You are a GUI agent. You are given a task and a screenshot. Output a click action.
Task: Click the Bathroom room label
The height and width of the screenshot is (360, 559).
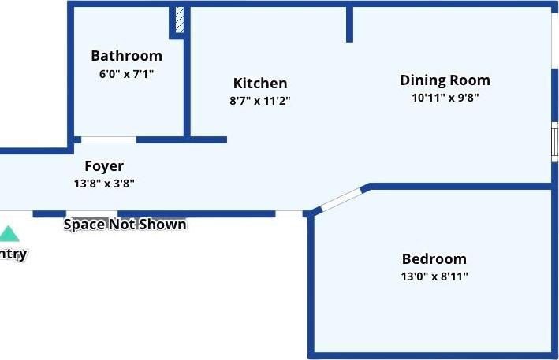click(126, 56)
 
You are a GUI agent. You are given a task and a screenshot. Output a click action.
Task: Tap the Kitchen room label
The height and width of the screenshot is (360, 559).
click(260, 84)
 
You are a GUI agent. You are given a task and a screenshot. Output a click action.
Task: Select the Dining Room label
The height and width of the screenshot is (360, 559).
click(445, 80)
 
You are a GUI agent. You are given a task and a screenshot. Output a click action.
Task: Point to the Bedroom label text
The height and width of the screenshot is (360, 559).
click(434, 259)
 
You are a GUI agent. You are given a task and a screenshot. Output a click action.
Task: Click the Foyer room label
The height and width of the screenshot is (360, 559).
click(104, 166)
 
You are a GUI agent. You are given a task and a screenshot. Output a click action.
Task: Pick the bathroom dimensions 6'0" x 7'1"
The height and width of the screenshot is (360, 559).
click(126, 74)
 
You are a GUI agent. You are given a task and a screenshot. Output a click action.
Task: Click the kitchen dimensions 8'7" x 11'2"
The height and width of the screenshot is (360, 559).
click(260, 101)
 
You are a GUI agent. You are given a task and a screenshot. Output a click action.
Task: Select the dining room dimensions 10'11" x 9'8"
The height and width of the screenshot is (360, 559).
click(445, 98)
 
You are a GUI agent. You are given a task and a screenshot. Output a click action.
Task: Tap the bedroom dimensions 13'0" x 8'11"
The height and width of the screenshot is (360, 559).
click(434, 276)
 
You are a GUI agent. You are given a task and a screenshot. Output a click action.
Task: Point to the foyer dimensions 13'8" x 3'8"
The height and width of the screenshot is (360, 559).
click(104, 184)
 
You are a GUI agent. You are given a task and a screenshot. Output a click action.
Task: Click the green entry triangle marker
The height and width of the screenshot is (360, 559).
click(9, 234)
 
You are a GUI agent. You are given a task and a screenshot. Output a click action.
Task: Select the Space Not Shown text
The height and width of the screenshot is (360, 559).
click(125, 225)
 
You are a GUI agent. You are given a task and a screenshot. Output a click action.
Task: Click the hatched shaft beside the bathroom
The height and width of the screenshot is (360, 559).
click(180, 20)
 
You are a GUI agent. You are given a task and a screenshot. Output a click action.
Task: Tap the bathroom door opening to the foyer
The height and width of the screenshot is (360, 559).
click(109, 140)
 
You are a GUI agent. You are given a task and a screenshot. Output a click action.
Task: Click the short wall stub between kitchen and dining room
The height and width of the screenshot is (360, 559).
click(349, 24)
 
